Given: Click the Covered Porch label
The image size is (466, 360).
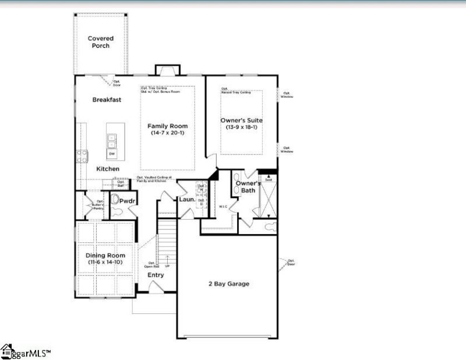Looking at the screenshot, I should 101,42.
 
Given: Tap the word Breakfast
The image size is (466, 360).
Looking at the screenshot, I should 107,100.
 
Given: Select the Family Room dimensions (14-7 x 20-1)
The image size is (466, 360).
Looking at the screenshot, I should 167,133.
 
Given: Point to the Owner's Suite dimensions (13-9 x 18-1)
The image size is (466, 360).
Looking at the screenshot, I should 241,128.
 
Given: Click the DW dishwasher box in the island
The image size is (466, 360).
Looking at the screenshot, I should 111,153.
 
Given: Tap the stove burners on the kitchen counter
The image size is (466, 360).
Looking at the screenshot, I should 82,155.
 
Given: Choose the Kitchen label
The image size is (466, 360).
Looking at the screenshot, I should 108,169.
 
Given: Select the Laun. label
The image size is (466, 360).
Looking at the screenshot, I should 186,200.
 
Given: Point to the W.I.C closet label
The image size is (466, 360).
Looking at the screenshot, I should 223,206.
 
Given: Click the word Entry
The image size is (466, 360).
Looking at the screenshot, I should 156,275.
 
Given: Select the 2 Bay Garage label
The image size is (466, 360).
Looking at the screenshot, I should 229,284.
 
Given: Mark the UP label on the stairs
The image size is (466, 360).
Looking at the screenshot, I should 167,266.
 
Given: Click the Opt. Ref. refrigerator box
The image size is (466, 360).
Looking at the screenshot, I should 121,183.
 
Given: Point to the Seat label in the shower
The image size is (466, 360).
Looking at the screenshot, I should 269,180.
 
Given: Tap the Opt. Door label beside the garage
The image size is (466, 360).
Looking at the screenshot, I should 291,263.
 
